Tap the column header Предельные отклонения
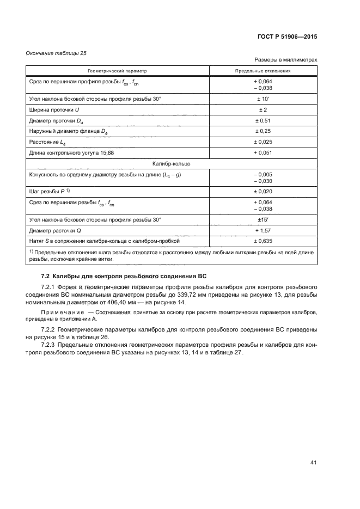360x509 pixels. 263,71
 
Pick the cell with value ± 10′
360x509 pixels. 263,99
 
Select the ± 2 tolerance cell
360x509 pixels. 263,110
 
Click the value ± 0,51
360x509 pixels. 263,120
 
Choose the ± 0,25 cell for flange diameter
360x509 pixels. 263,131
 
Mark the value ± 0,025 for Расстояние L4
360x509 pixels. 263,142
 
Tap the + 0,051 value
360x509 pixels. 263,152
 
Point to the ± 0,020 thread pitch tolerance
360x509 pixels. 263,191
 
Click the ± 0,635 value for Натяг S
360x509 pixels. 263,240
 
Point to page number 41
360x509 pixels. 313,463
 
